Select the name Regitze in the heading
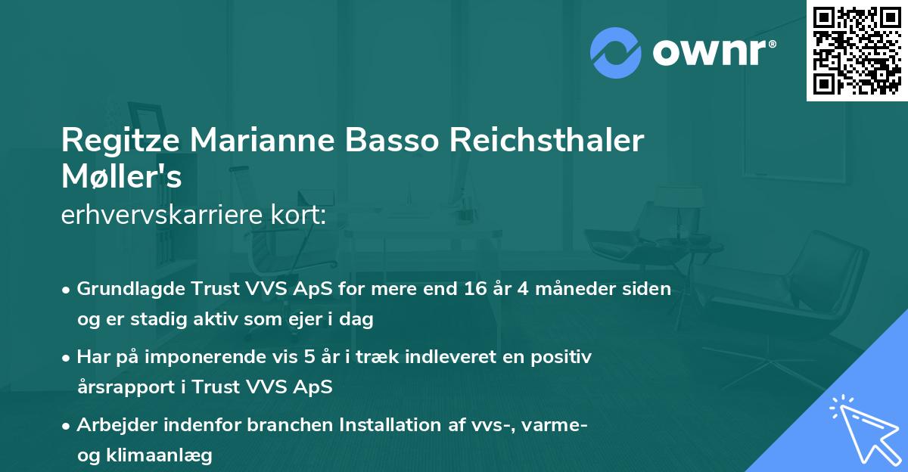pos(120,141)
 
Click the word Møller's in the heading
pos(121,179)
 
